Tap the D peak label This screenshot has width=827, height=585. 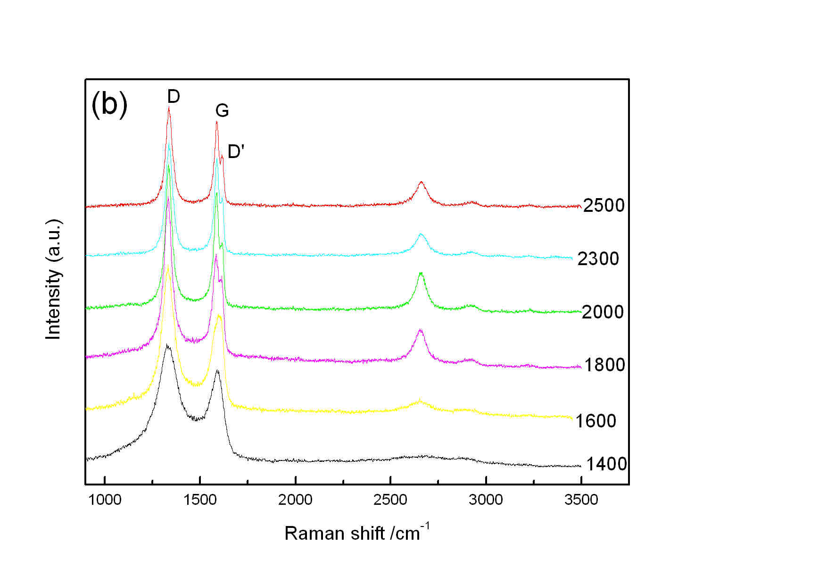[174, 97]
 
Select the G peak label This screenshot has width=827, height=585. [222, 111]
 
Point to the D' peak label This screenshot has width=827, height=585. [236, 151]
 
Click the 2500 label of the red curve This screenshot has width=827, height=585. [604, 206]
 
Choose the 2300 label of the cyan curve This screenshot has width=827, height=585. [598, 259]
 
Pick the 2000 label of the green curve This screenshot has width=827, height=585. [603, 312]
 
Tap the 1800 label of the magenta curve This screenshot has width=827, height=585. [604, 365]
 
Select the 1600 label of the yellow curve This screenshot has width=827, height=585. [595, 421]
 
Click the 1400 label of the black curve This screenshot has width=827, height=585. [606, 464]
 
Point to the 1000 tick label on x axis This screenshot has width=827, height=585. [105, 500]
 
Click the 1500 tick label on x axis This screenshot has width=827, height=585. [200, 500]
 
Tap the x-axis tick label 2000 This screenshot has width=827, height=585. [295, 500]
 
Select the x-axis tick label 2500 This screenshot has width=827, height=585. [390, 500]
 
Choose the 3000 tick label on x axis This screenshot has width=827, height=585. [486, 500]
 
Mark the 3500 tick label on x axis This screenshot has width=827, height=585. [581, 500]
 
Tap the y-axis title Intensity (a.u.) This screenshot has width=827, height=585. [54, 279]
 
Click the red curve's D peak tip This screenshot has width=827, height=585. [169, 108]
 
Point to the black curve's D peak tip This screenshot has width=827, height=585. [167, 345]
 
